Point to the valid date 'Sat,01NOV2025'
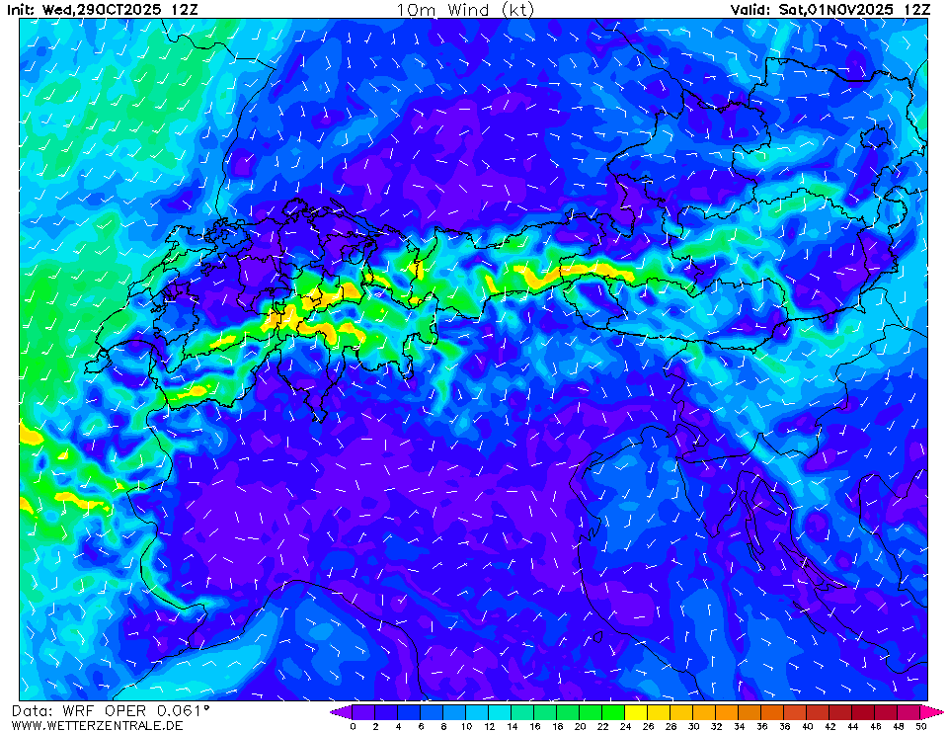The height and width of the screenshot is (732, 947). (838, 9)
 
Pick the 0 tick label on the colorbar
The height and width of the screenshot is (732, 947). (353, 726)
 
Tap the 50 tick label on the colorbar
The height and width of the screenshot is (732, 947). (920, 726)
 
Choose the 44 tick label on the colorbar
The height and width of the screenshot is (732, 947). (852, 726)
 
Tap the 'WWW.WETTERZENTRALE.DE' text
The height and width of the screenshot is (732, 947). (96, 726)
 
